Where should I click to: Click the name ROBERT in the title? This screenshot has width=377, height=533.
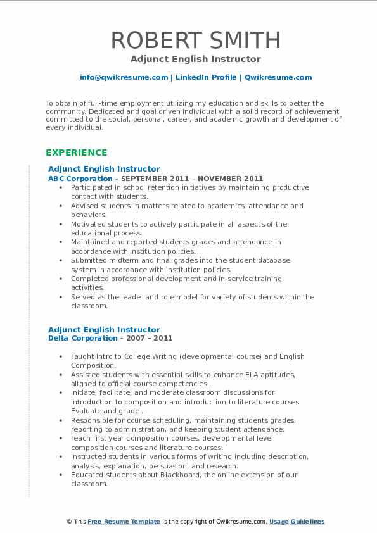[152, 41]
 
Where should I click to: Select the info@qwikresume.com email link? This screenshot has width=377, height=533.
[124, 77]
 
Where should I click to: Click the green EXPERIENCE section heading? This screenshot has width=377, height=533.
[77, 153]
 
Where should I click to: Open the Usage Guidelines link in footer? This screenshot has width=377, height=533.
[297, 522]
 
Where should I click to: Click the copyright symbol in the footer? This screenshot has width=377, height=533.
[69, 522]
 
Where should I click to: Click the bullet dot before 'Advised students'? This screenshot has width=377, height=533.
[60, 206]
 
